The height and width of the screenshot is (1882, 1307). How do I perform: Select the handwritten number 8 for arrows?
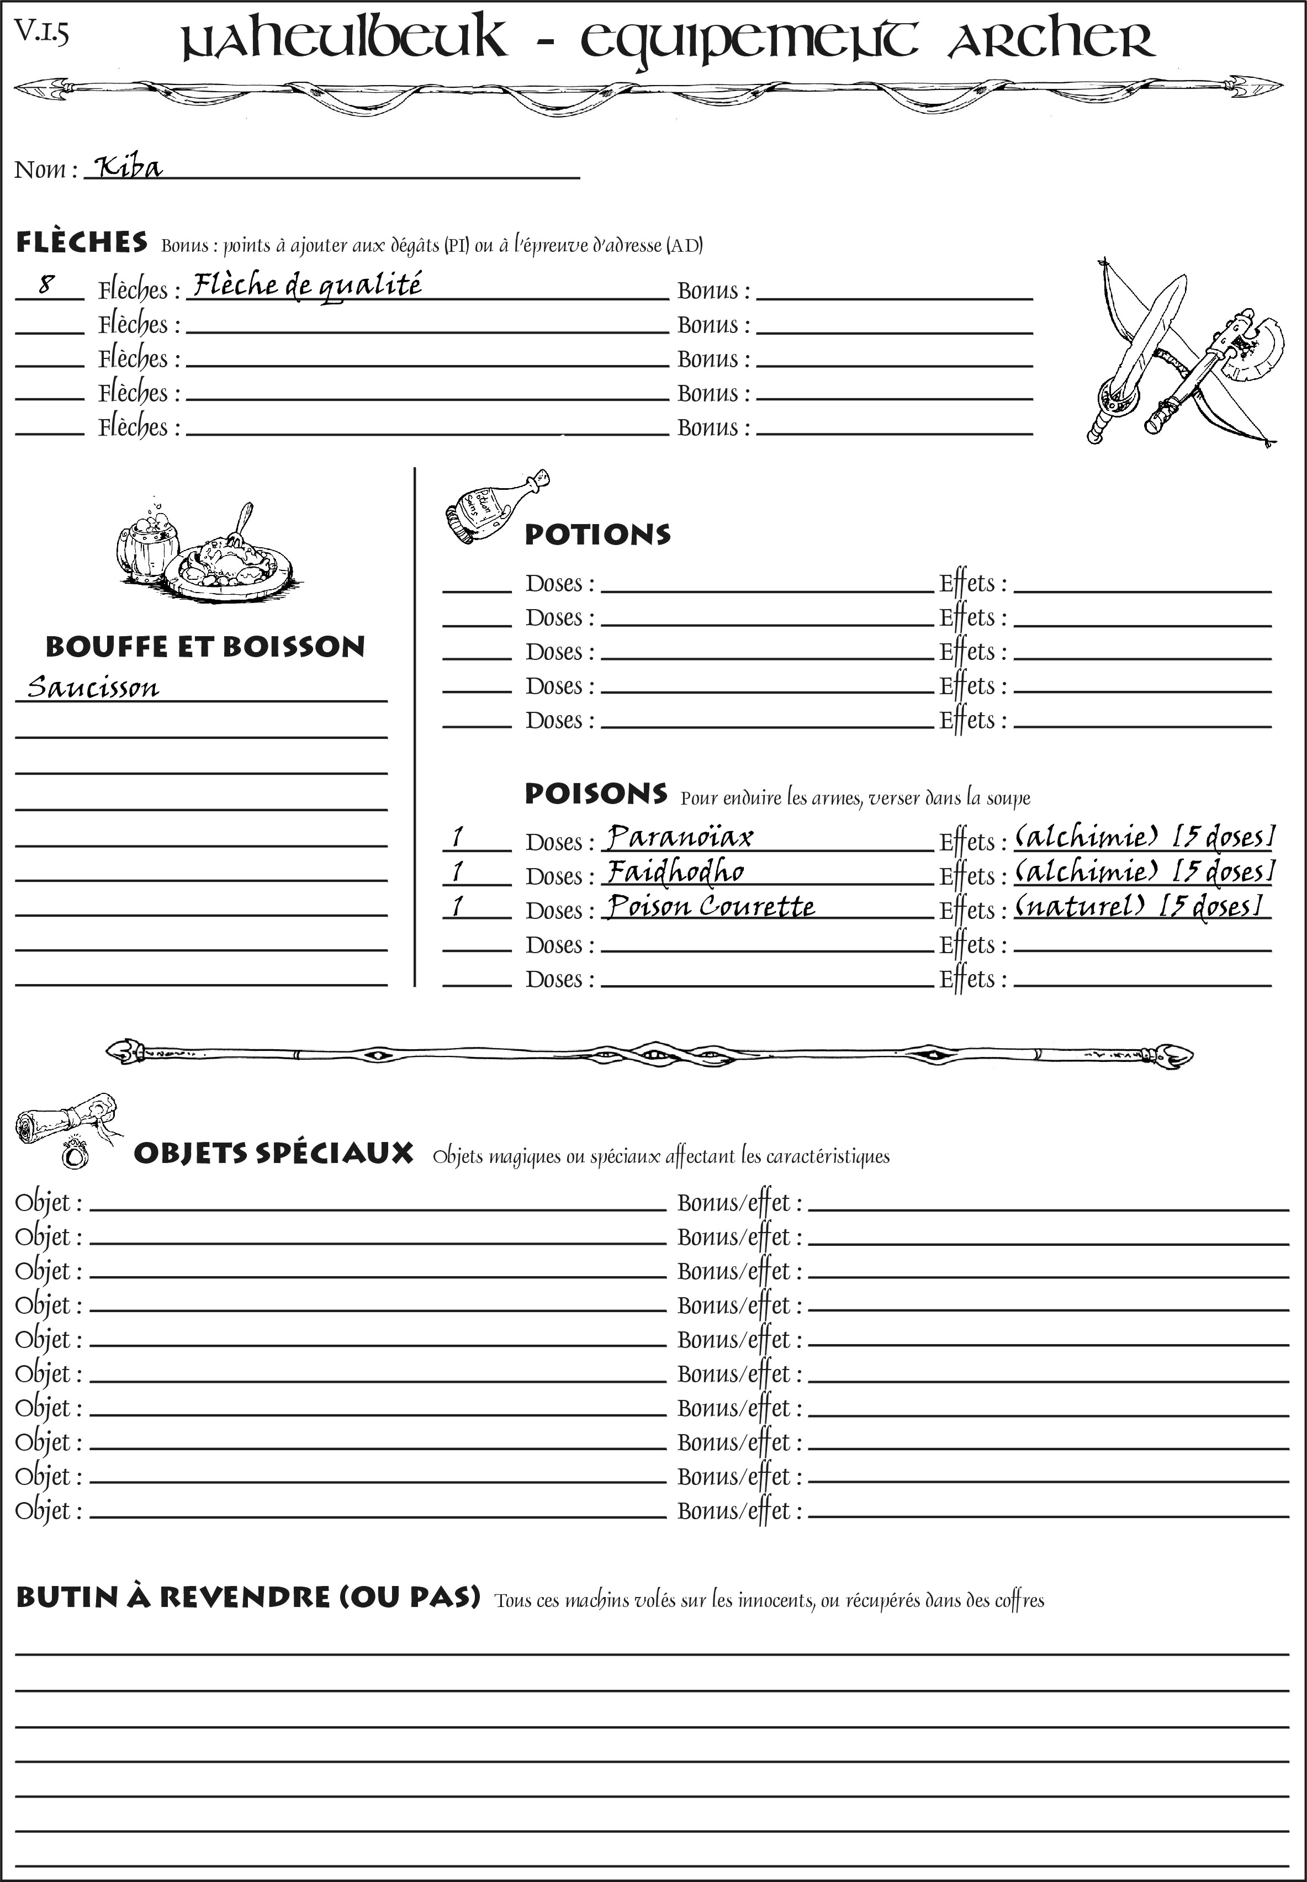point(47,284)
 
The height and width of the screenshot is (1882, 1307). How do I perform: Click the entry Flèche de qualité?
point(307,285)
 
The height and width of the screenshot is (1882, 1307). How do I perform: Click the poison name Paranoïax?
point(679,836)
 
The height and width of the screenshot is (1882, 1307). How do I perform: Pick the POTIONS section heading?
point(597,534)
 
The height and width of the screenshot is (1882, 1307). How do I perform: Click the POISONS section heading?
point(595,793)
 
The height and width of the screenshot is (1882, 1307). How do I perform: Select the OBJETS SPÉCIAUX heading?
point(273,1153)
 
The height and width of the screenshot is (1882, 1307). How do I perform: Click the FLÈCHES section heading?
point(82,242)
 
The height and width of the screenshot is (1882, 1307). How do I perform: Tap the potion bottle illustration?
point(491,507)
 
